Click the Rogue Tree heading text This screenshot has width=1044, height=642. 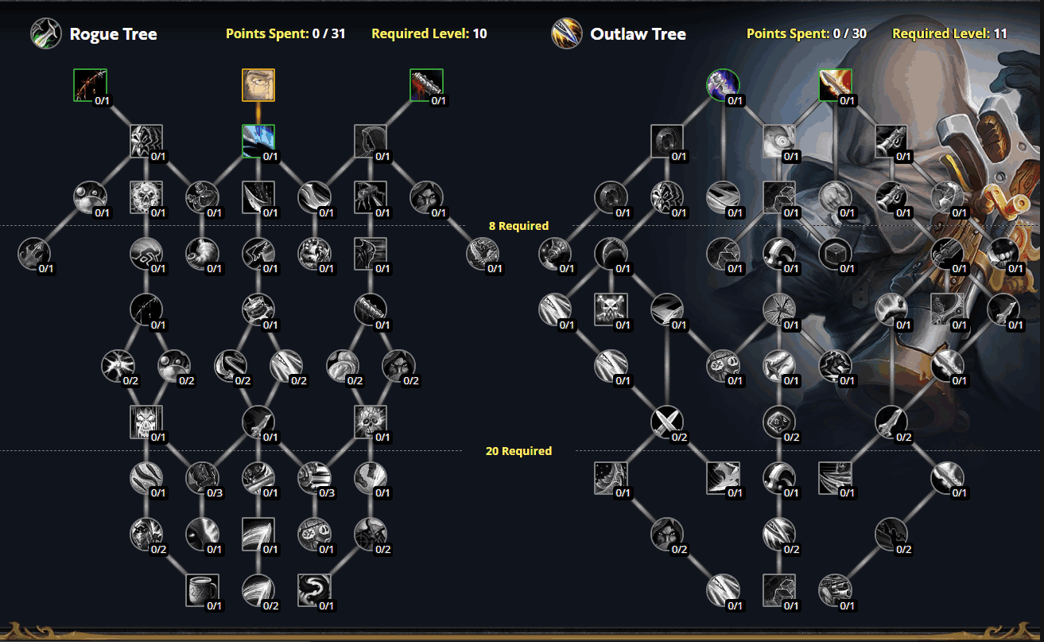[x=113, y=34]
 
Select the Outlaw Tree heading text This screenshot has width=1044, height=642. [x=638, y=34]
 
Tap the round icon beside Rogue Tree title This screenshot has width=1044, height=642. [x=46, y=34]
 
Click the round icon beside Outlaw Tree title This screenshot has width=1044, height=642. [x=567, y=34]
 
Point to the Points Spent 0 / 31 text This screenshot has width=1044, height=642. [x=285, y=34]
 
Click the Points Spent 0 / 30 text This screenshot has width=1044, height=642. [x=806, y=34]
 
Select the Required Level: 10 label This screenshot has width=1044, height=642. [x=429, y=34]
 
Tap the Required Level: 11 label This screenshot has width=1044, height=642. [x=949, y=34]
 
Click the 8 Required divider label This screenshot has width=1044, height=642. [x=518, y=226]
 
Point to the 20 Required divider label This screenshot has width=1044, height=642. [x=518, y=451]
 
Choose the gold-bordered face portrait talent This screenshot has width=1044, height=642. [x=258, y=85]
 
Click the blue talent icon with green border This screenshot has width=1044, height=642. [x=258, y=141]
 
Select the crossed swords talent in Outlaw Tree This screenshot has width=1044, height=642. [x=666, y=422]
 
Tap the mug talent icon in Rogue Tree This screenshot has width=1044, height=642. [x=202, y=590]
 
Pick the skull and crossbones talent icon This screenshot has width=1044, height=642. [x=611, y=309]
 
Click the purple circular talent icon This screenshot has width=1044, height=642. [x=723, y=85]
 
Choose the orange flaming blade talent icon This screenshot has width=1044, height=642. [x=835, y=85]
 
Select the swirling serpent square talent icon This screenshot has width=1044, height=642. [x=314, y=590]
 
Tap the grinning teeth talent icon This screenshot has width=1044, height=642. [x=1003, y=254]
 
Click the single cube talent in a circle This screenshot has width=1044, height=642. [x=835, y=254]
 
